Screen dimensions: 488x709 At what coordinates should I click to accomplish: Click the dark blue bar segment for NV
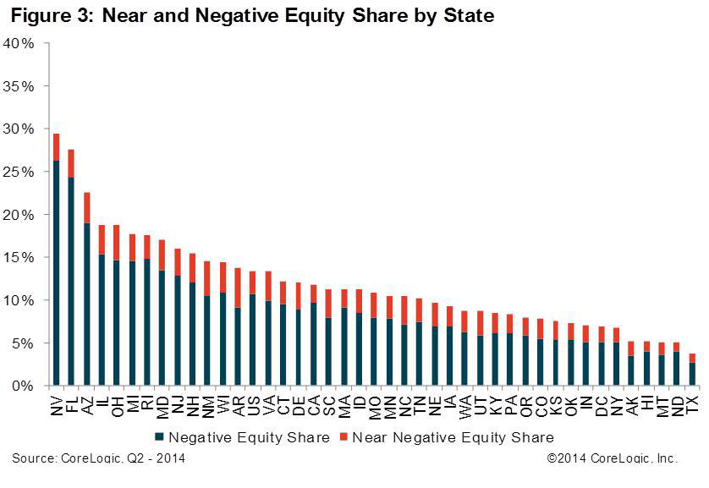tap(57, 272)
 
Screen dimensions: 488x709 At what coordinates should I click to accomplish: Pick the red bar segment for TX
tap(692, 358)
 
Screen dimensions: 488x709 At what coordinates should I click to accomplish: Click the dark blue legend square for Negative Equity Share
tap(159, 437)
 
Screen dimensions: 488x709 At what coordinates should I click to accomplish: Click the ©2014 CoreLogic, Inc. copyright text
tap(612, 458)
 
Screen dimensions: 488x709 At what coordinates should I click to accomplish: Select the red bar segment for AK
tap(631, 348)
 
